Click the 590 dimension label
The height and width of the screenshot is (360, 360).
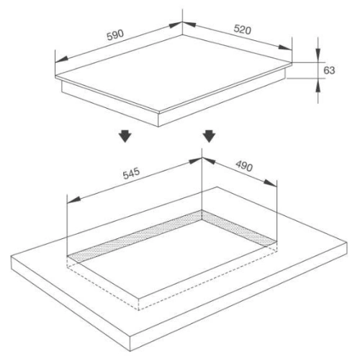click(x=115, y=35)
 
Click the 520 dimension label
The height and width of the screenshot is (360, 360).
click(x=243, y=30)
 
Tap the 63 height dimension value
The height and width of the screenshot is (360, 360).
click(x=329, y=71)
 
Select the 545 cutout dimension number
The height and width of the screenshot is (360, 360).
click(x=131, y=174)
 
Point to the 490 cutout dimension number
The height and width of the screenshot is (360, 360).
click(x=244, y=166)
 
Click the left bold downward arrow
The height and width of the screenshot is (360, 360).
click(x=125, y=136)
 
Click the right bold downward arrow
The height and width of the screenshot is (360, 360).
click(x=209, y=136)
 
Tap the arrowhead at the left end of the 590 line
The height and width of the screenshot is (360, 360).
click(x=61, y=59)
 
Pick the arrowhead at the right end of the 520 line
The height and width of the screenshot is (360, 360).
click(x=285, y=47)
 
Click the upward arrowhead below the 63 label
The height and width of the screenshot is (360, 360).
click(x=318, y=85)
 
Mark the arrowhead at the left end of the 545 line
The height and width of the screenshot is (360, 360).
click(x=73, y=199)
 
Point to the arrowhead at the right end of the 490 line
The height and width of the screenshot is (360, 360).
click(x=270, y=183)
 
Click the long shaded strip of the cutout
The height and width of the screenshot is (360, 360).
click(x=135, y=236)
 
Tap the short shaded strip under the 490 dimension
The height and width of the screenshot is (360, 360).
click(x=239, y=228)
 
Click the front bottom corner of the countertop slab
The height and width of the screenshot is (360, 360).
click(x=130, y=351)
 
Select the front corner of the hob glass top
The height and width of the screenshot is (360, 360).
click(x=158, y=112)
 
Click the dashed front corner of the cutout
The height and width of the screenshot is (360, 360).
click(x=138, y=310)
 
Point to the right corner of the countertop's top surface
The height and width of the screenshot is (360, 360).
click(x=347, y=243)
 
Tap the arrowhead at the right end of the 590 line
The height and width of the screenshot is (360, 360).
click(x=176, y=24)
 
